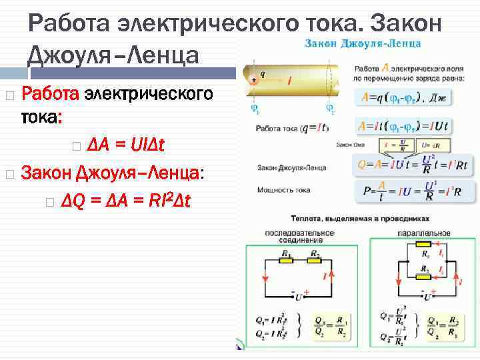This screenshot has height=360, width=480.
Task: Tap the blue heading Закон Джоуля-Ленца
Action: pyautogui.click(x=363, y=44)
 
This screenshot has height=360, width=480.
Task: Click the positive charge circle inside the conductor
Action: pyautogui.click(x=253, y=80)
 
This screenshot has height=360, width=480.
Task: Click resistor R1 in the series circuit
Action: pyautogui.click(x=285, y=261)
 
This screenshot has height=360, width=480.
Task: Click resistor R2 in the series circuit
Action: pyautogui.click(x=314, y=261)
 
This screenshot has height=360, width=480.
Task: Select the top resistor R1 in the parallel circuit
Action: pyautogui.click(x=424, y=261)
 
